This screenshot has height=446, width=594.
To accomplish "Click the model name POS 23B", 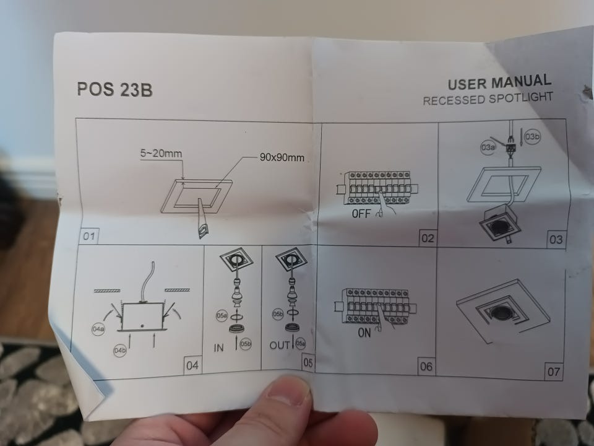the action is (x=115, y=89).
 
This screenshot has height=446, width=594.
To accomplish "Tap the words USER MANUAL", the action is (x=499, y=82).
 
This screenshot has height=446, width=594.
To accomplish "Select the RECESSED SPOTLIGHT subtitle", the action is (x=488, y=98).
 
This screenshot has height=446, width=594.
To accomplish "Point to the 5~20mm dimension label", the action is (x=161, y=154).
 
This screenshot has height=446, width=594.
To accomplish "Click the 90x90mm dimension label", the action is (x=282, y=157).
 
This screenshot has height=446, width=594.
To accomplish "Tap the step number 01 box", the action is (x=89, y=236).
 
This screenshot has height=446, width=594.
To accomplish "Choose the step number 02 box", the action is (x=428, y=238).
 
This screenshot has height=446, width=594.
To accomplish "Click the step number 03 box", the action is (x=556, y=239).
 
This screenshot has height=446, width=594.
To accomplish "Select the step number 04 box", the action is (x=192, y=365).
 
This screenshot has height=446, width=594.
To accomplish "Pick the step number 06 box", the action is (x=426, y=366).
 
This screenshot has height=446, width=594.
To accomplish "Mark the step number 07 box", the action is (x=553, y=371).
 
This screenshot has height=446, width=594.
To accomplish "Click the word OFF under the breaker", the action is (x=361, y=214).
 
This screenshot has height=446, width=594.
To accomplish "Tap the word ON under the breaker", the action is (x=364, y=333).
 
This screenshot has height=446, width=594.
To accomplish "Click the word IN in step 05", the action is (x=218, y=348).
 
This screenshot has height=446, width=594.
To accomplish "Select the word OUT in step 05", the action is (x=280, y=345).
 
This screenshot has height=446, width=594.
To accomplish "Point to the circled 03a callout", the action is (x=488, y=147).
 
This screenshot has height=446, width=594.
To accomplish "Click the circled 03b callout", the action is (x=532, y=136).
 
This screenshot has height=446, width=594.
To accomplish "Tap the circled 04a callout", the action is (x=98, y=329).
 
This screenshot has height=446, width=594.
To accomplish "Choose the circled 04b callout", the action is (x=120, y=351).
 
